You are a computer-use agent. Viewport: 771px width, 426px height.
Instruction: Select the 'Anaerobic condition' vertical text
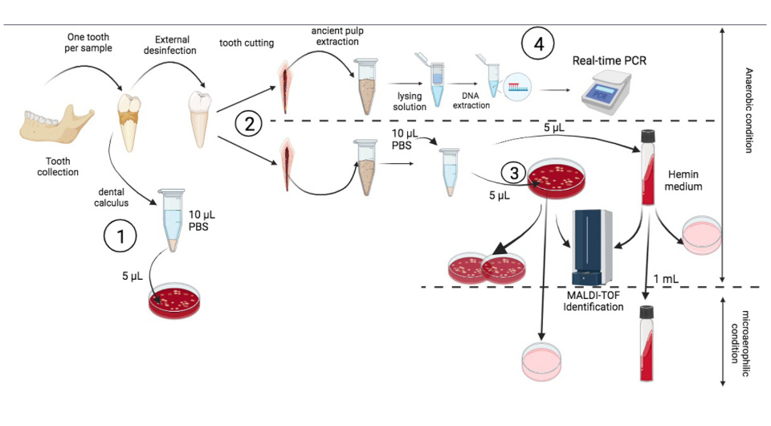tap(749, 113)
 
